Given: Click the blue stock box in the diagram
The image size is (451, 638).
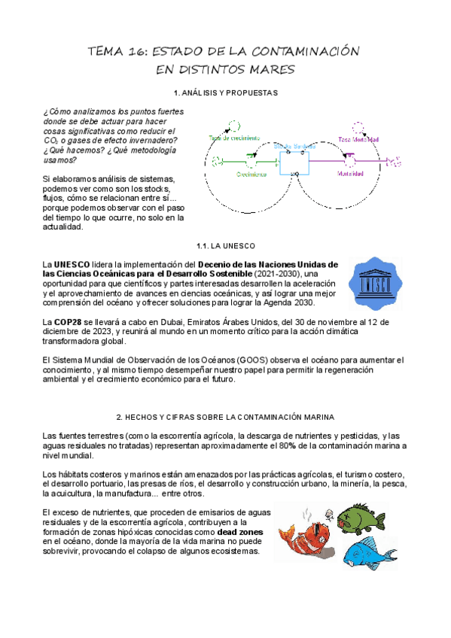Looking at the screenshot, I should [x=294, y=161].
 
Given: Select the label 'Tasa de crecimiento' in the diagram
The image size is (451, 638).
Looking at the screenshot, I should [x=234, y=138].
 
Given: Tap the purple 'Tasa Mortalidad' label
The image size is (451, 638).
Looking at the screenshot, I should [x=358, y=139].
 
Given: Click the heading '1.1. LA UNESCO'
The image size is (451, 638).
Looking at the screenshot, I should [x=225, y=246].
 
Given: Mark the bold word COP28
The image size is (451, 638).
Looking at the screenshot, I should [x=69, y=321].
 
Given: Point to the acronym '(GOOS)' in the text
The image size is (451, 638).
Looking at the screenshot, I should [x=241, y=359].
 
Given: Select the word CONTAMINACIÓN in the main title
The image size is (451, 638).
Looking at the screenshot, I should [x=305, y=52].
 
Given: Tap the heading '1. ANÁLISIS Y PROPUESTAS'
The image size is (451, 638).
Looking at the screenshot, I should [x=225, y=93].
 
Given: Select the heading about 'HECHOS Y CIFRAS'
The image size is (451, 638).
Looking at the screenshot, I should [x=226, y=416].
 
